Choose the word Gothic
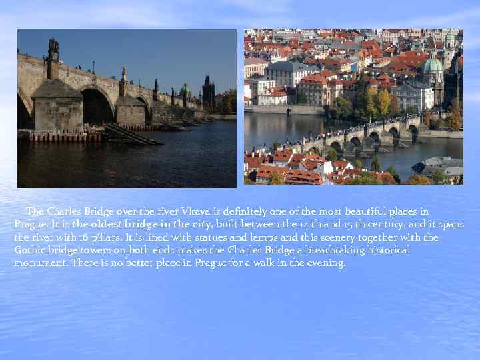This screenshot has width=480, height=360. (29, 250)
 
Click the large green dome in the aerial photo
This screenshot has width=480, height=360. (433, 66)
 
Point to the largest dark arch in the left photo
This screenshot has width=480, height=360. (96, 107)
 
